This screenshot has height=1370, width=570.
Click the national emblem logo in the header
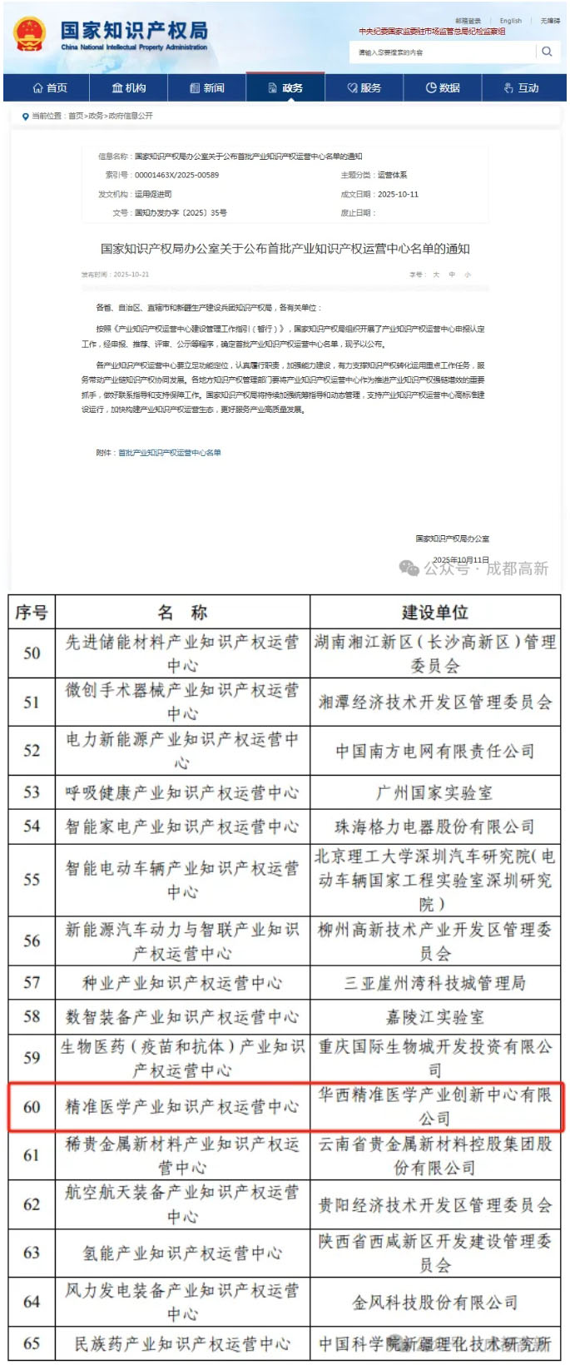pos(30,34)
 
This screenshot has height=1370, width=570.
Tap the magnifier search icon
pos(547,52)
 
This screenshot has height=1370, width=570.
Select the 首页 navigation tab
pos(50,87)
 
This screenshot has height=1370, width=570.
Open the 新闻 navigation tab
pos(207,87)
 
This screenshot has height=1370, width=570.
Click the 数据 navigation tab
pos(443,87)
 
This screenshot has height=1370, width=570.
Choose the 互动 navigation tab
pos(522,87)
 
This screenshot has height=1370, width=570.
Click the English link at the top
pos(511,21)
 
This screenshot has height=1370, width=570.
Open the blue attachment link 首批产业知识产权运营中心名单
pos(170,453)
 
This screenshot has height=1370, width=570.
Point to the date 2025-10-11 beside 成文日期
pos(398,194)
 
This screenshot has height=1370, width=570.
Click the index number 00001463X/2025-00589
pos(176,175)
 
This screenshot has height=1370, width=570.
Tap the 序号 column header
pos(32,613)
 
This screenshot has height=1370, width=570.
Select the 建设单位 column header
pos(434,613)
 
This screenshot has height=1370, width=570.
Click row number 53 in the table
pos(32,792)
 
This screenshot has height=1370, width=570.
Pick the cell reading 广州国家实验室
pos(434,792)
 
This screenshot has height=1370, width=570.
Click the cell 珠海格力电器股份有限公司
pos(434,826)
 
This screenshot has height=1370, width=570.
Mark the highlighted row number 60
pos(32,1106)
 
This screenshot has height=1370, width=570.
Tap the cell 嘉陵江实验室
pos(434,1016)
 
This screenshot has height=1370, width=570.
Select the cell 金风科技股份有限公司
pos(434,1302)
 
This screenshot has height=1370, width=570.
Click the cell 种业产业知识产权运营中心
pos(181,983)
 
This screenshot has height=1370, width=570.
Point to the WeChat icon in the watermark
pos(409,568)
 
